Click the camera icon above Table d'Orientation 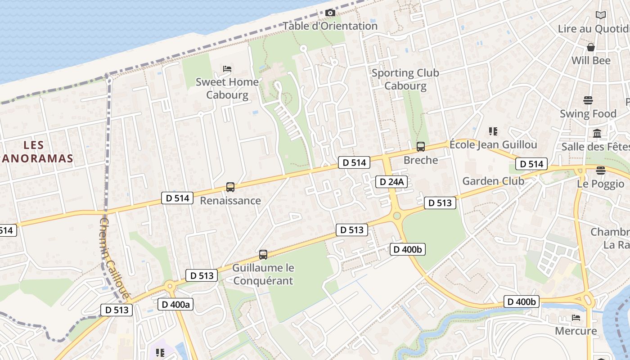coord(330,13)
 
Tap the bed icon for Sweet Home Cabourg coord(227,69)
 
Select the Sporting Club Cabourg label coord(405,79)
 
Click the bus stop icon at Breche coord(420,147)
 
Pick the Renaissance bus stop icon coord(230,187)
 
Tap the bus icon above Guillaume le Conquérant coord(263,255)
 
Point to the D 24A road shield coord(391,182)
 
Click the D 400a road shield coord(175,305)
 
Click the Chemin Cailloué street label coord(114,259)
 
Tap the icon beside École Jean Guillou coord(493,131)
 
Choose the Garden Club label coord(493,181)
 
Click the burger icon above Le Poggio coord(600,170)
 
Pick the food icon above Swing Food coord(588,100)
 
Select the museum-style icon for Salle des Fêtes coord(597,133)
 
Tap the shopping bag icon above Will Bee coord(591,47)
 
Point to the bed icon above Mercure coord(576,318)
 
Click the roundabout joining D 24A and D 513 coord(396,216)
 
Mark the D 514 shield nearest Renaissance coord(177,198)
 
